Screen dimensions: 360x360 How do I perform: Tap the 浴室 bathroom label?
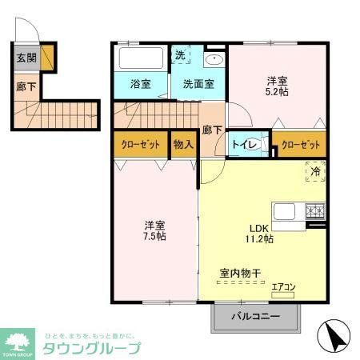(141, 83)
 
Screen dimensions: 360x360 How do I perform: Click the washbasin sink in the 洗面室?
(214, 60)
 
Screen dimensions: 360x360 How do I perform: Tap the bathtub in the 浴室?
(141, 58)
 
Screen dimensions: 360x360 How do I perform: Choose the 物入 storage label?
(183, 145)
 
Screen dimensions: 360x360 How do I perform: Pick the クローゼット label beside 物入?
(140, 145)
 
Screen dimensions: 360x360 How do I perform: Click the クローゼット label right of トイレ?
(303, 145)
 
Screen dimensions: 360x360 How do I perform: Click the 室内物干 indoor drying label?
(241, 274)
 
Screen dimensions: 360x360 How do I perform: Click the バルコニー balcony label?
(255, 317)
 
